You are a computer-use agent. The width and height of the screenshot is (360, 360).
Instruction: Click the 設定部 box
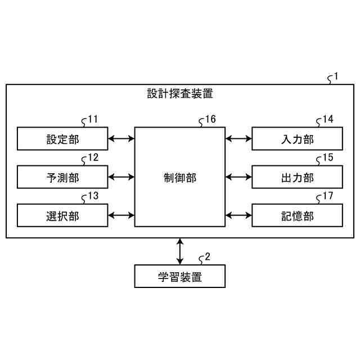(62, 138)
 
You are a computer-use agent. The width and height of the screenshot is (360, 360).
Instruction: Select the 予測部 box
(62, 177)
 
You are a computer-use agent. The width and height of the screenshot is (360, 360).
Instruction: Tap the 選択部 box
(62, 215)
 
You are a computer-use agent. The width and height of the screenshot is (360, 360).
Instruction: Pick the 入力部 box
(297, 138)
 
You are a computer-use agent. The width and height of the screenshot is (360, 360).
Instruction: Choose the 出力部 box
(297, 177)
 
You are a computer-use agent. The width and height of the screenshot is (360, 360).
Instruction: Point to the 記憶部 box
(297, 215)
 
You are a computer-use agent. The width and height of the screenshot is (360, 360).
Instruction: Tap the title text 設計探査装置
(180, 94)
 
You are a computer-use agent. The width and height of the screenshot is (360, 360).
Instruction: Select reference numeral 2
(208, 257)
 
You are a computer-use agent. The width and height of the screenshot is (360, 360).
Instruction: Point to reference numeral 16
(210, 119)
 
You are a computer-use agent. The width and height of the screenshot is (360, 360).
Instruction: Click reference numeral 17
(328, 196)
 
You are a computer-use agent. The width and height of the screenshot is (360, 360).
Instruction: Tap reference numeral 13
(93, 196)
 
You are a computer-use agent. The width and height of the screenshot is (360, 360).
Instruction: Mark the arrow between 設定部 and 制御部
(121, 138)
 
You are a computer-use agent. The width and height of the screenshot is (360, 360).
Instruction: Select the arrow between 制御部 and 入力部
(238, 138)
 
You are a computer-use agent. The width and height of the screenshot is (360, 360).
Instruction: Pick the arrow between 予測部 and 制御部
(121, 177)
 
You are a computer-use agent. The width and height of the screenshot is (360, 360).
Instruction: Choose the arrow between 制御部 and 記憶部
(238, 215)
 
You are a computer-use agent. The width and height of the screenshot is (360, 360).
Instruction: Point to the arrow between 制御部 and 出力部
(238, 177)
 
